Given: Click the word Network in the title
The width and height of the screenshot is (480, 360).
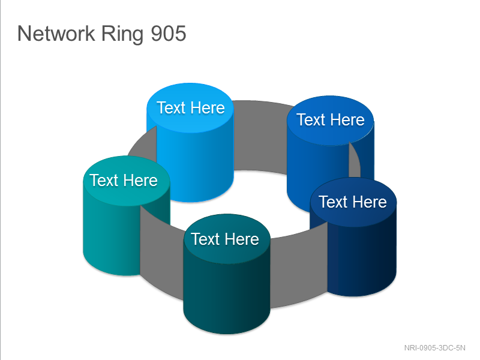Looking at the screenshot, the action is coord(56,34).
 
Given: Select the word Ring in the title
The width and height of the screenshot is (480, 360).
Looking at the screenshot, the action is coord(122,34).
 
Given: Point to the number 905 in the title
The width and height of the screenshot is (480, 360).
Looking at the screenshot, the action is coord(169,34).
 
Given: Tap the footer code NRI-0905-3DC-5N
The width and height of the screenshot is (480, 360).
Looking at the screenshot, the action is coord(434,348).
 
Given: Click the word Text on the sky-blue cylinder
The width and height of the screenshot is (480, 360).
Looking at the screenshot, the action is coord(171,108).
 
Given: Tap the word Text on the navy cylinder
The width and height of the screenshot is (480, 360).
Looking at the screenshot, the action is coord(334,202).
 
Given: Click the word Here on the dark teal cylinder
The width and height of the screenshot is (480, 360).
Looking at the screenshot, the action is coord(242,239).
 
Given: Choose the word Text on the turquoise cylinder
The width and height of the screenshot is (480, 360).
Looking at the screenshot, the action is coord(104,181).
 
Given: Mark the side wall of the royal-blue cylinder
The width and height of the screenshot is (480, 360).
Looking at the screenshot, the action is coord(316,172).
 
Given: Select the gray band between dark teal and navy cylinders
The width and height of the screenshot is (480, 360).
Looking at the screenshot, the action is coord(298,269).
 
